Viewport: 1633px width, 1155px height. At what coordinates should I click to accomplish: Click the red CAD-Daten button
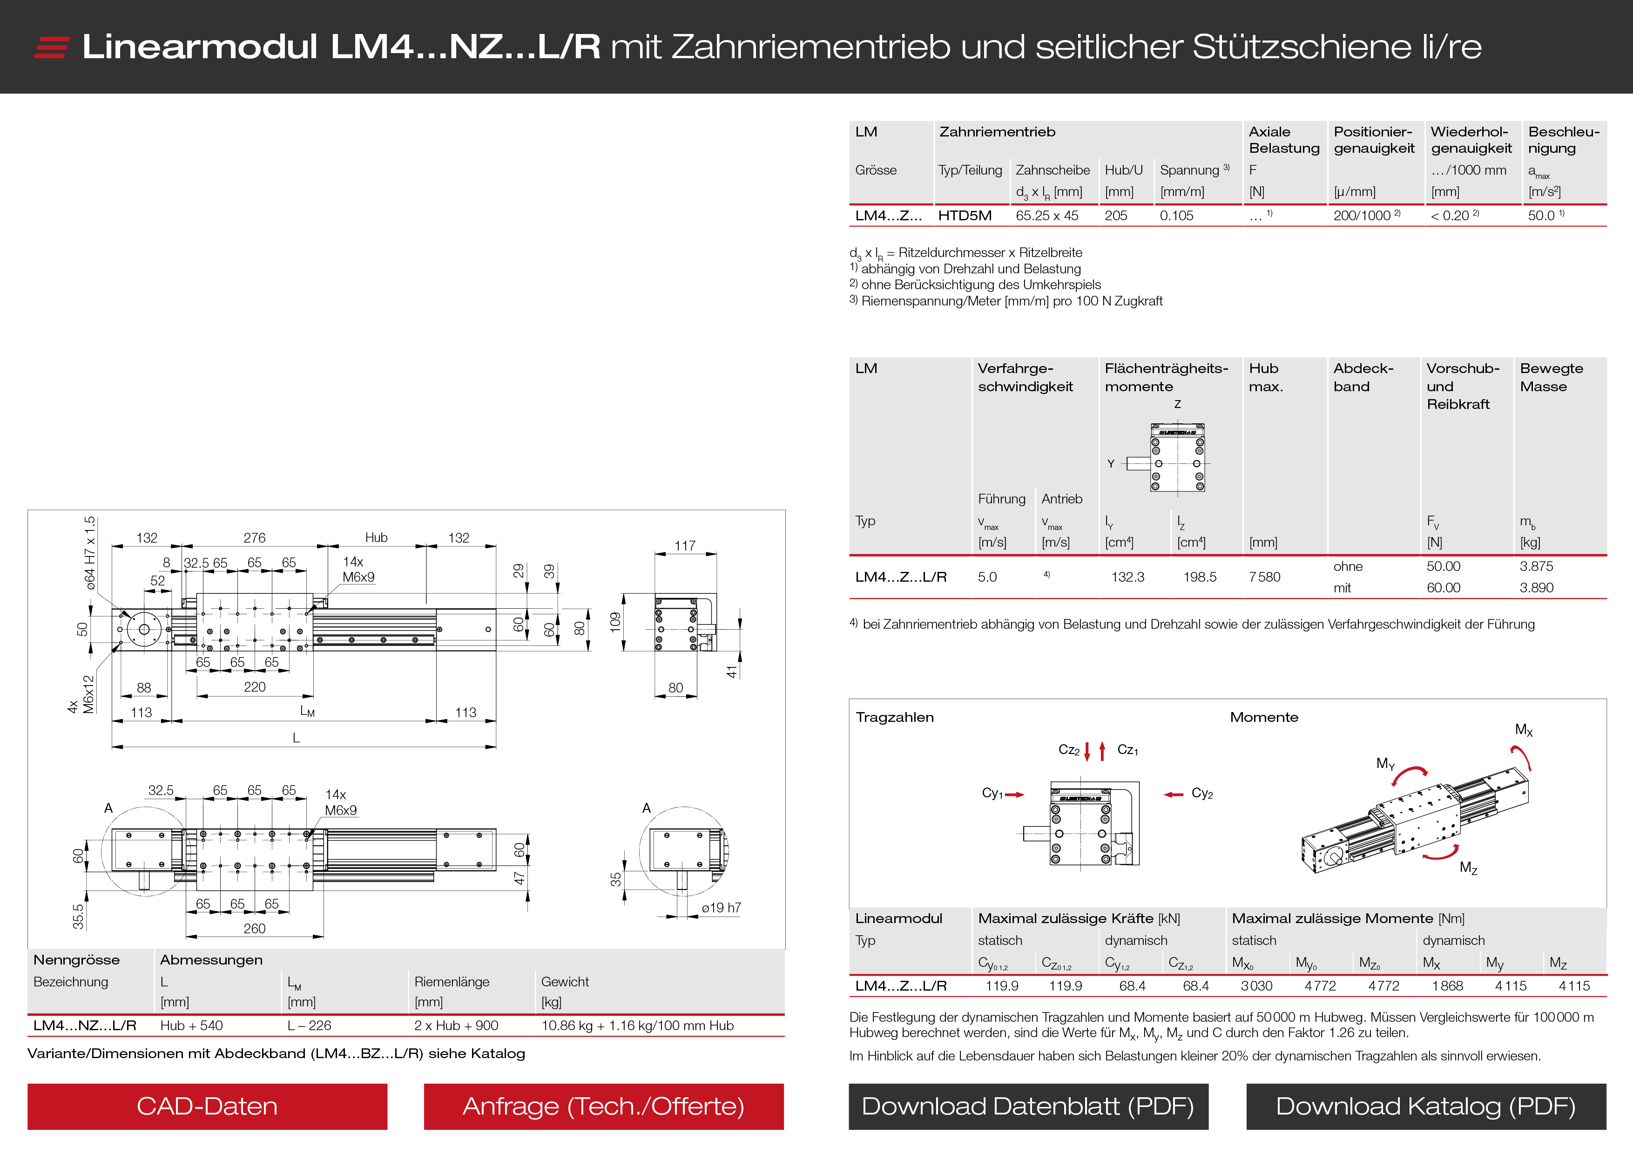(207, 1106)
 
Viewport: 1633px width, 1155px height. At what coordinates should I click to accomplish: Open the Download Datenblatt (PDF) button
(1028, 1106)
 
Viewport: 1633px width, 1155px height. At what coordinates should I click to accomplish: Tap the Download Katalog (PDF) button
(1426, 1106)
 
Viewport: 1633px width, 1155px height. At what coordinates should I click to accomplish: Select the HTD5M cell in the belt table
(965, 216)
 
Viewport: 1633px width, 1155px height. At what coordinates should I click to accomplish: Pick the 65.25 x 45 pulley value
(1047, 216)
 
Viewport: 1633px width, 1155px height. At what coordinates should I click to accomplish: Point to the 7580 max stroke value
(1265, 577)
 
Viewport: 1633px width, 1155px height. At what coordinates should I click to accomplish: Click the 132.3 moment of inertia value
(1128, 577)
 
